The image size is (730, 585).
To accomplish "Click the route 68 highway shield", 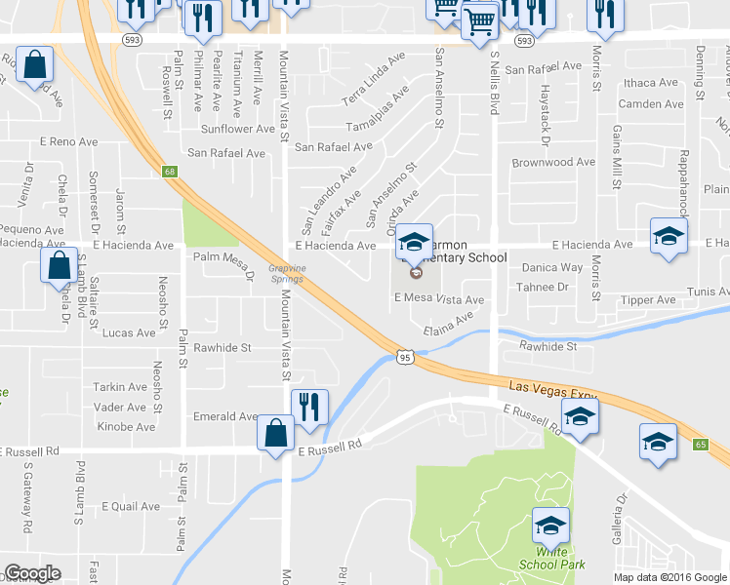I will coord(171,172).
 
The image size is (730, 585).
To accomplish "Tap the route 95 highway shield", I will coord(405,358).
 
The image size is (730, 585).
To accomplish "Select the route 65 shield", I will coord(700,444).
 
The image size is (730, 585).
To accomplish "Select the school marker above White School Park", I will coord(550,527).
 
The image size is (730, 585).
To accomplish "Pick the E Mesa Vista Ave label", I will coord(444,300).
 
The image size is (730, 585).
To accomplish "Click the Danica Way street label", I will coord(551,267).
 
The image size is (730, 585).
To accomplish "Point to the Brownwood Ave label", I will coord(553,163).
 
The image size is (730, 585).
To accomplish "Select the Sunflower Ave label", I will coord(238,129).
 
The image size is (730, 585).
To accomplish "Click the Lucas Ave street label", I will coord(129,332).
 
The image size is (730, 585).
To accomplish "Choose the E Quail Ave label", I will coord(130,507).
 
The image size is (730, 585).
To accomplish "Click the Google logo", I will coord(32,573).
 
